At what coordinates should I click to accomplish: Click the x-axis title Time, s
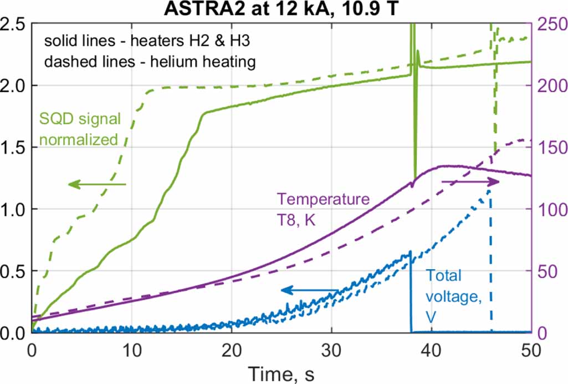point(281,372)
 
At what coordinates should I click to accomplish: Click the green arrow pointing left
point(97,184)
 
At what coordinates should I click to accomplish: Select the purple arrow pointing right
point(470,181)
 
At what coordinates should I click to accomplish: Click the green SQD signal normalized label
point(79,128)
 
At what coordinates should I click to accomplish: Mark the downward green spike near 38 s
point(415,155)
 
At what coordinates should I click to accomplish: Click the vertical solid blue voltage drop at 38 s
point(411,294)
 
